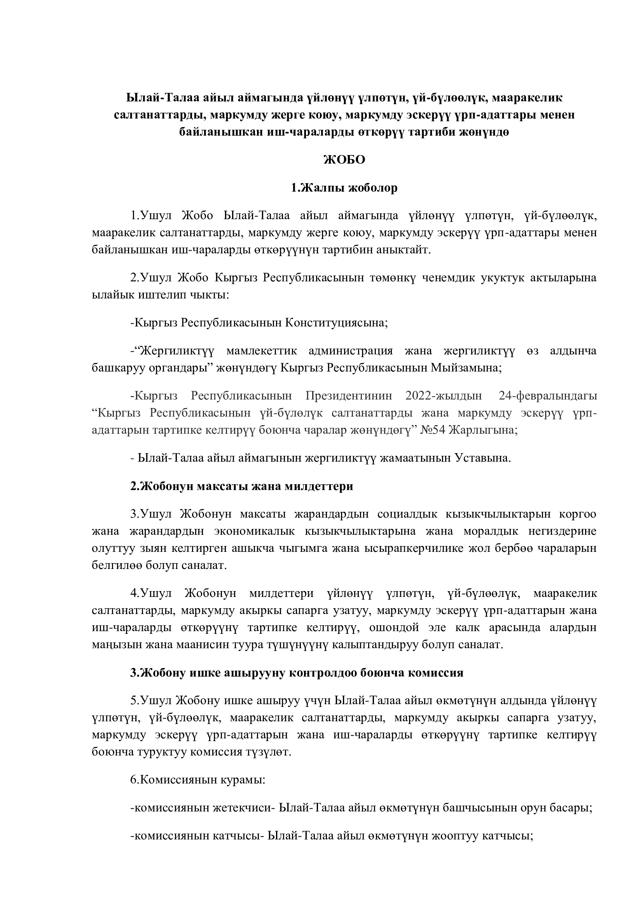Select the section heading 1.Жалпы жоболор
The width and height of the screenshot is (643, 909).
(344, 188)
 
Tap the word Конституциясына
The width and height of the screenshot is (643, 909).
(336, 323)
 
